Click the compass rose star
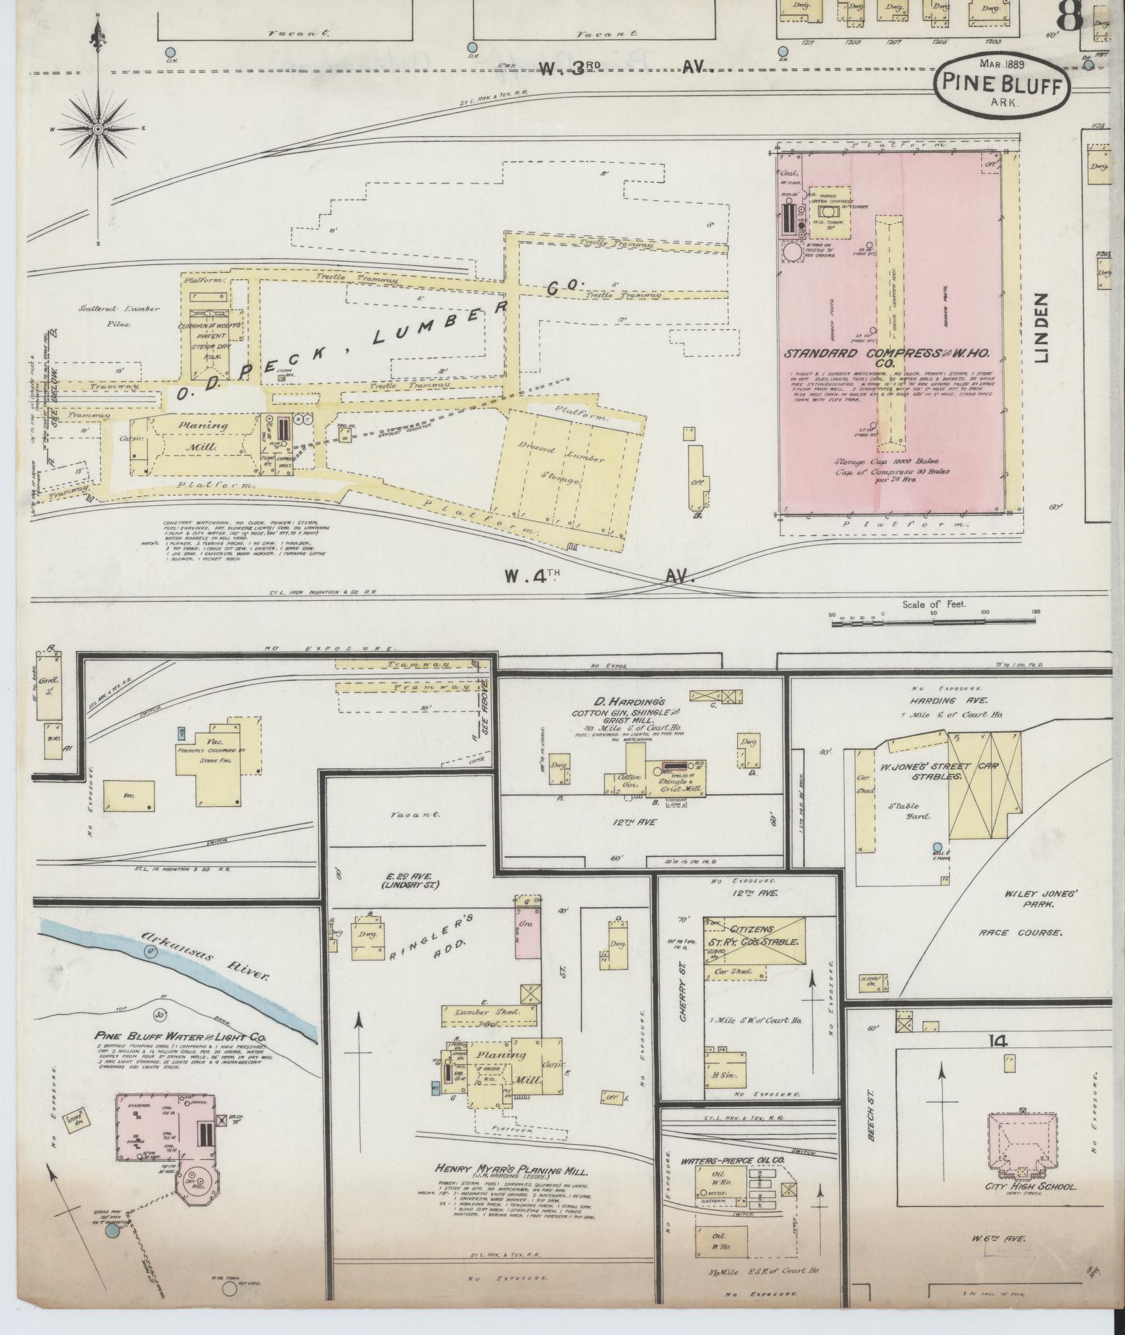98,129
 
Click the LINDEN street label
1041,328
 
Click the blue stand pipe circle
112,1232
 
